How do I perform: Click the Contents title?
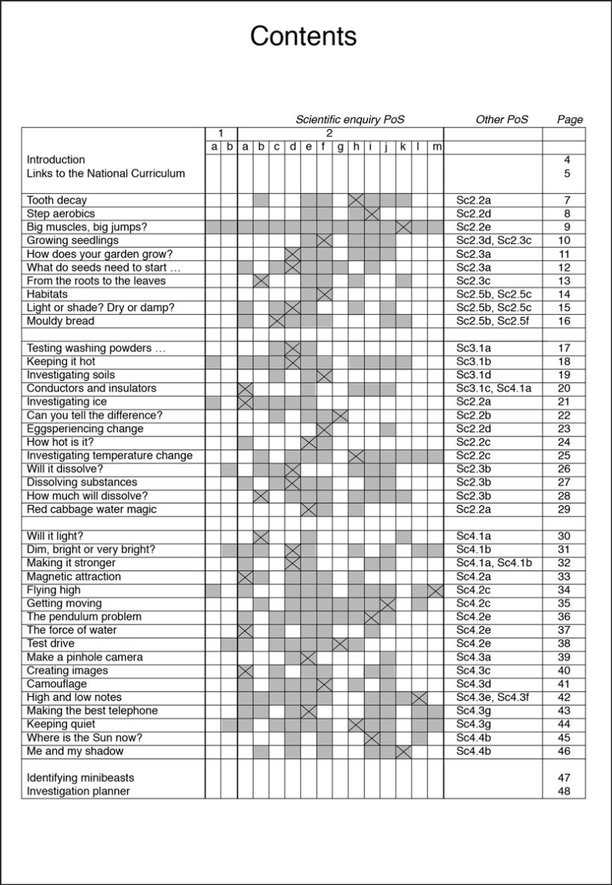click(303, 36)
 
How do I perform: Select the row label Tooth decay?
click(57, 200)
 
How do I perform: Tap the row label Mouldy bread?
click(60, 321)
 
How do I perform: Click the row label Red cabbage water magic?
click(92, 509)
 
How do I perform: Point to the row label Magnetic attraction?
click(74, 576)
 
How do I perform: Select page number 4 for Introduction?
click(567, 160)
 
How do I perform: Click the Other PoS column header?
click(502, 119)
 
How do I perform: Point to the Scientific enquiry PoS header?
click(350, 119)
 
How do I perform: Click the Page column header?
click(570, 119)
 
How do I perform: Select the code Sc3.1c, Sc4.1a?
click(494, 388)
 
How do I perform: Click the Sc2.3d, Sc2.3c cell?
click(494, 240)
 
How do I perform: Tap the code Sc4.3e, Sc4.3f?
click(493, 697)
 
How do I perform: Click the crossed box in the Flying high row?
click(436, 590)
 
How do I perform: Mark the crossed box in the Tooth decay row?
click(356, 200)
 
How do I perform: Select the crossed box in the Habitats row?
click(324, 294)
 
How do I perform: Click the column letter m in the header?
click(437, 147)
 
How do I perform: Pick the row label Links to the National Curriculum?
click(106, 173)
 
